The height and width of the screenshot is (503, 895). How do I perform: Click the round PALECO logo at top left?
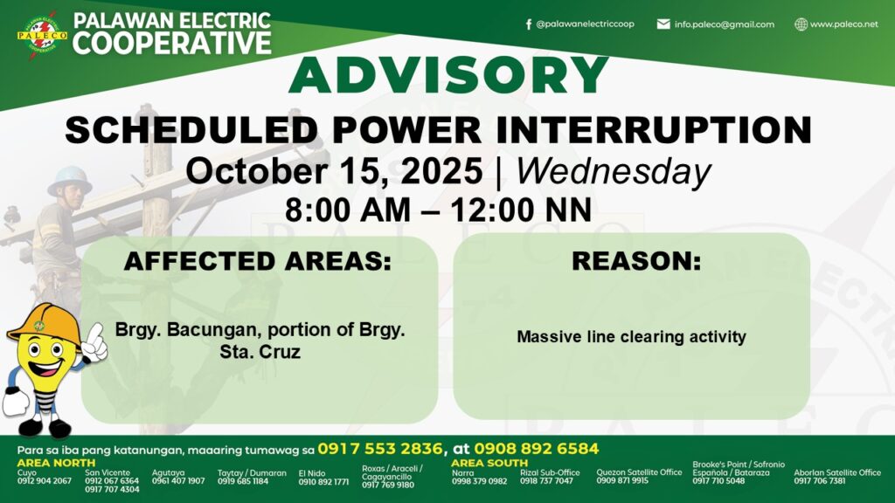pos(42,35)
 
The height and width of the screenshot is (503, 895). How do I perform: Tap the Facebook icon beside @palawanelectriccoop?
pos(529,24)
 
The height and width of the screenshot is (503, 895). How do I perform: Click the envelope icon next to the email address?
pos(663,24)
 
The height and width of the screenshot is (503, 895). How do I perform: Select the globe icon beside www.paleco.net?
pos(801,24)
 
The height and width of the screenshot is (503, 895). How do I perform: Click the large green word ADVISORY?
pos(448,75)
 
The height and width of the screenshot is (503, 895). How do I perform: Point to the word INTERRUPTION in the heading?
pos(654,130)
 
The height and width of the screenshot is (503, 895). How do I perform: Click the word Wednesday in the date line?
pos(614,172)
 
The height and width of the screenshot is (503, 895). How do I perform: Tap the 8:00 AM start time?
pos(348,210)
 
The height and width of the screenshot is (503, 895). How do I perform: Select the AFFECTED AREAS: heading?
pos(258,261)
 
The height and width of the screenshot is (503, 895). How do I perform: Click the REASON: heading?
pos(636,261)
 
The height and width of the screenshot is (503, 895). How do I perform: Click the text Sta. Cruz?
pos(260,352)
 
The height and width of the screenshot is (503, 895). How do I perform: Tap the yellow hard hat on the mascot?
pos(45,324)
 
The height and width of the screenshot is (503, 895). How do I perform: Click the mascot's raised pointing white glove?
pos(95,342)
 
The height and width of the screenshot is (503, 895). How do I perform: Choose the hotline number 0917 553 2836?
pos(380,449)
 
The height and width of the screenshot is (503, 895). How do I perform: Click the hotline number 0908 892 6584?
pos(536,449)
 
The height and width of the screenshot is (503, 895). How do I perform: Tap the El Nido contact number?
pos(323,482)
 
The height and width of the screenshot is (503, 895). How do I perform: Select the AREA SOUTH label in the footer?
pos(489,463)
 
